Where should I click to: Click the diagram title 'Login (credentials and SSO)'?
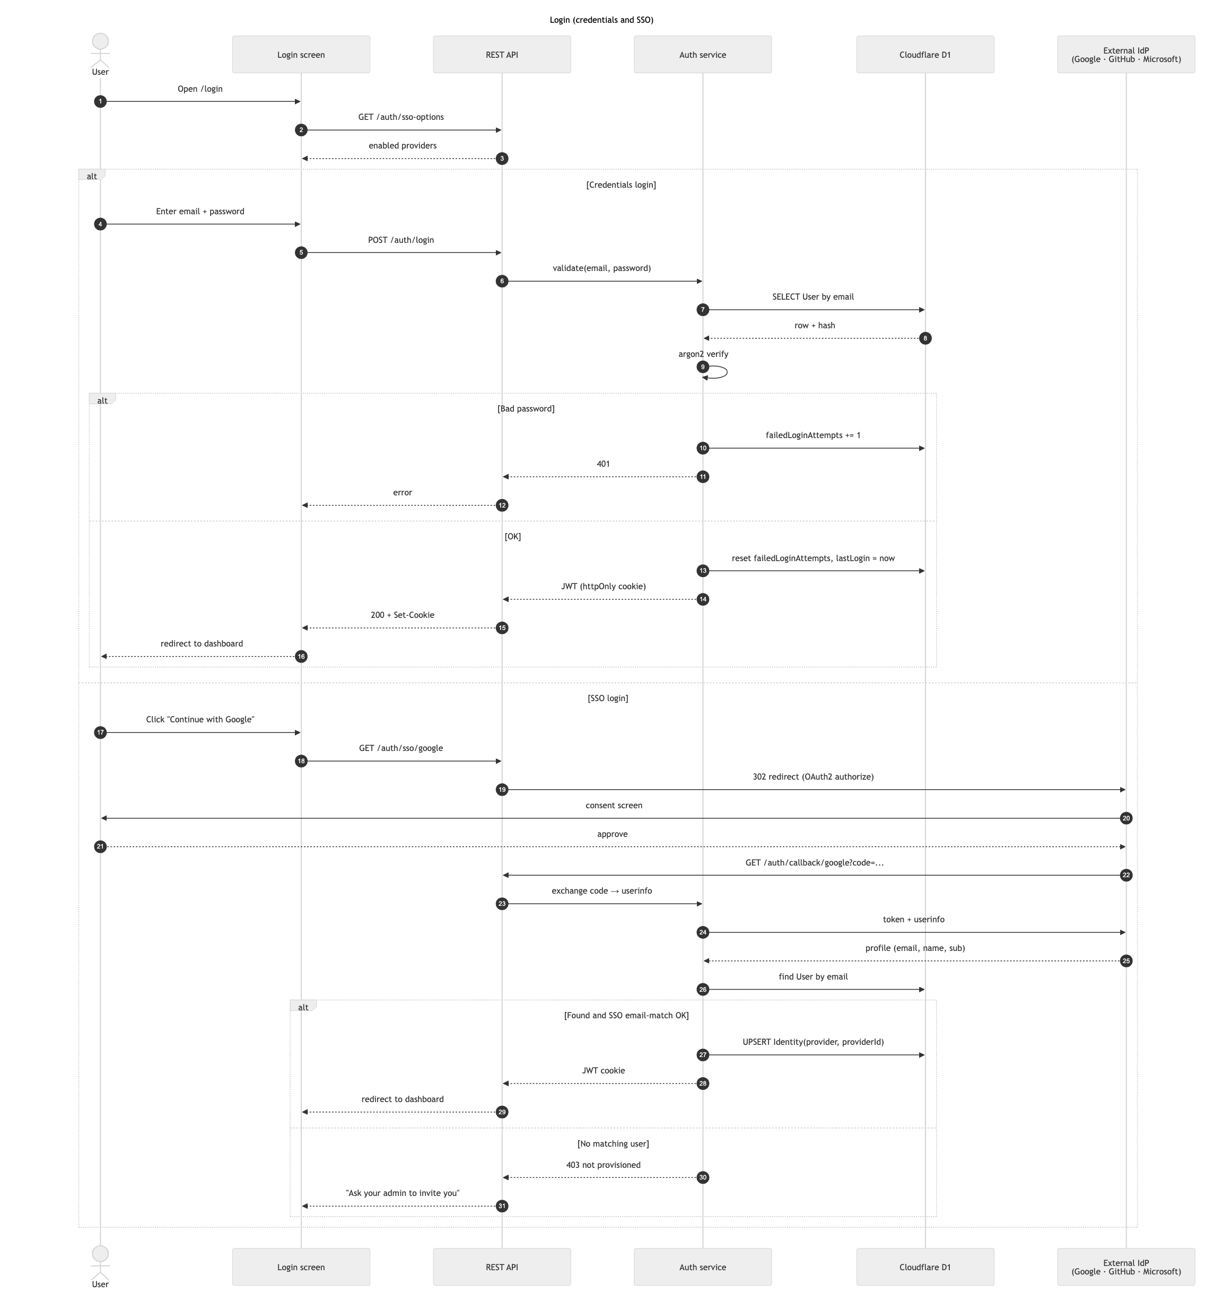pyautogui.click(x=601, y=20)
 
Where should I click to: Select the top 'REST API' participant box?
pyautogui.click(x=502, y=55)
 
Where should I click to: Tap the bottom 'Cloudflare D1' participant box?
pyautogui.click(x=924, y=1267)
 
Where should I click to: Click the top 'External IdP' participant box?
pyautogui.click(x=1125, y=55)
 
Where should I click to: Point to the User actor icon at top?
pyautogui.click(x=100, y=50)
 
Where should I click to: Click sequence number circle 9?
pyautogui.click(x=703, y=367)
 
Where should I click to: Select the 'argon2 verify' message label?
pyautogui.click(x=703, y=354)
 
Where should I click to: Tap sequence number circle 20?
pyautogui.click(x=1125, y=818)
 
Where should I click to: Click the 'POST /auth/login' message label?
pyautogui.click(x=400, y=240)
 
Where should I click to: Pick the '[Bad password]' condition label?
pyautogui.click(x=526, y=408)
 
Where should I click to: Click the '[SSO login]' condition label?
pyautogui.click(x=608, y=698)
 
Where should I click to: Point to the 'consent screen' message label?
pyautogui.click(x=614, y=805)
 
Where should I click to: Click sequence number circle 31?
pyautogui.click(x=502, y=1206)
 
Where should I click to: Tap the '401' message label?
pyautogui.click(x=603, y=464)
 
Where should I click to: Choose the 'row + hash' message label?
pyautogui.click(x=815, y=326)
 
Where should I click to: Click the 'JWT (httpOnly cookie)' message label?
pyautogui.click(x=603, y=587)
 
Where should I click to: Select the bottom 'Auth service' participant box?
pyautogui.click(x=703, y=1267)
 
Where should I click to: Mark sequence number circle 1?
pyautogui.click(x=100, y=101)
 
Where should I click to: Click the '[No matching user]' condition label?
pyautogui.click(x=613, y=1143)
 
